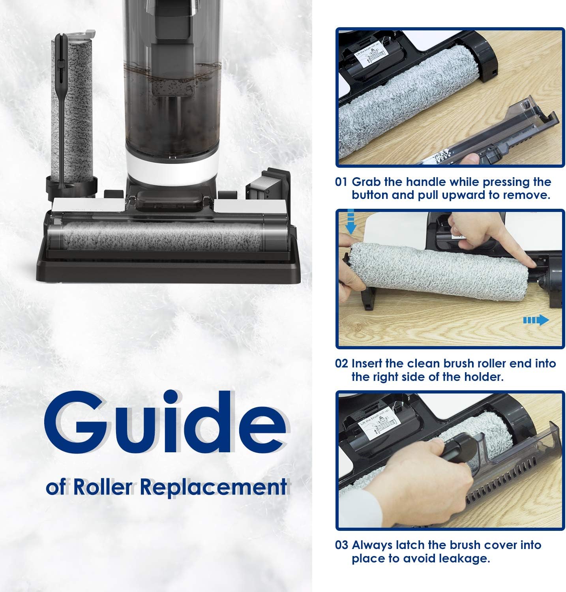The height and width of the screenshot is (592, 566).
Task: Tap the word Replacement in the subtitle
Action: coord(213,487)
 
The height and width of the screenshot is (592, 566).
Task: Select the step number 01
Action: coord(341,182)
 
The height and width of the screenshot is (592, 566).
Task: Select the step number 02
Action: coord(341,363)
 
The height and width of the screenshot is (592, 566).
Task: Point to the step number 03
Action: coord(341,545)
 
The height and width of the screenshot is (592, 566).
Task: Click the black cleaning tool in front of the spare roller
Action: coord(60,118)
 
